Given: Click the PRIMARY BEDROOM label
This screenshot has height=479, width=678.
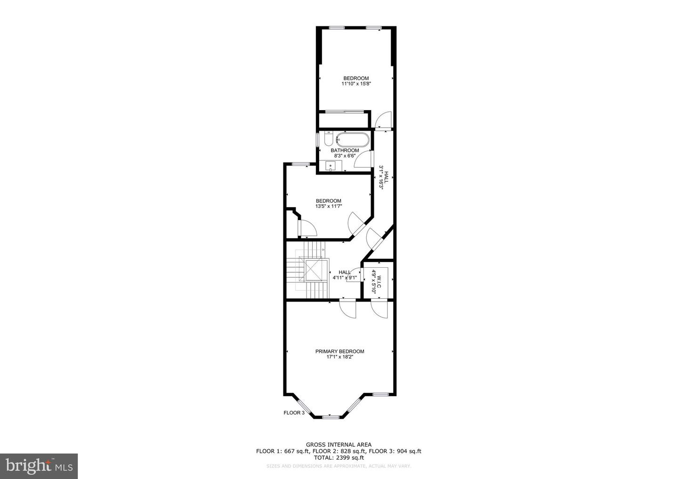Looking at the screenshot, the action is pos(339,351).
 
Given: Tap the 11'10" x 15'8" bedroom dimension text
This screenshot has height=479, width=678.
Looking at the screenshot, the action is pos(356,84).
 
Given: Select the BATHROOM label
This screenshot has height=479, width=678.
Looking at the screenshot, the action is pos(345,150).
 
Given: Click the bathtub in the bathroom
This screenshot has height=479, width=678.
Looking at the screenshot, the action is pos(353,140).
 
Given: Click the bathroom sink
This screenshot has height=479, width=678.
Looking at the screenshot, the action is pos(330,166).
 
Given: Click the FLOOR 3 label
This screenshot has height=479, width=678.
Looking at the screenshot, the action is pos(294,413).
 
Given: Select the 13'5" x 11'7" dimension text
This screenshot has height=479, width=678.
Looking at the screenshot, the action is pos(329,206).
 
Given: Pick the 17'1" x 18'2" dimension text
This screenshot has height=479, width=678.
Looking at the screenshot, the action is pos(340,357).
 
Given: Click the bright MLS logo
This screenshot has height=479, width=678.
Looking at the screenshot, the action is pos(39,466).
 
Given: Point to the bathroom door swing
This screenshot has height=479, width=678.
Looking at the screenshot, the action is pos(363,159).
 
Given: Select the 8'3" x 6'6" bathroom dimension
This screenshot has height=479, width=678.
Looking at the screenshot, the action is pos(345,156).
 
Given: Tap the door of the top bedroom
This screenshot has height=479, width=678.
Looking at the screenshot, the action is pos(383,120).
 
